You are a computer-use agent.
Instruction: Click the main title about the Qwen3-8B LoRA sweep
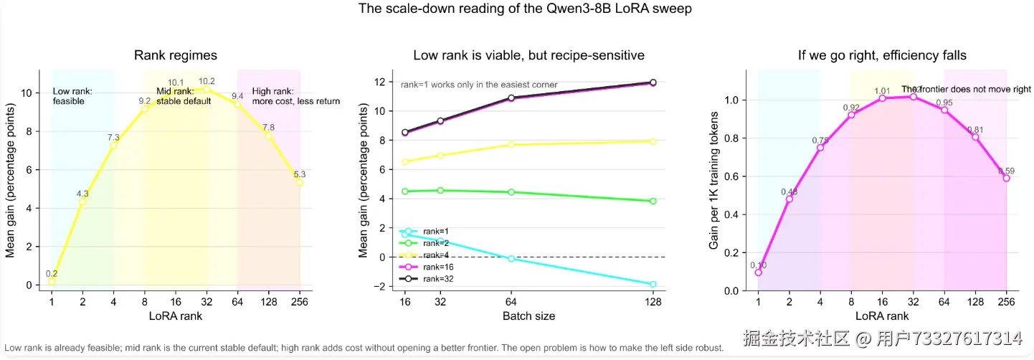[x=516, y=10]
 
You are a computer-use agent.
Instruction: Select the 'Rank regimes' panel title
[x=176, y=55]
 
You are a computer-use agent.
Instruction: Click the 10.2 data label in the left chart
[x=207, y=81]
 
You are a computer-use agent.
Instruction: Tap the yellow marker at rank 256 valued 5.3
[x=300, y=182]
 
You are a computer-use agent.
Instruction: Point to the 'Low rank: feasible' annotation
[x=73, y=96]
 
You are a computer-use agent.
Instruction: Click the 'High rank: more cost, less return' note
[x=295, y=96]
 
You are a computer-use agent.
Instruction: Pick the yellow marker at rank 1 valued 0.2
[x=52, y=281]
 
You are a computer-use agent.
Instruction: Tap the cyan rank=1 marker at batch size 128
[x=653, y=285]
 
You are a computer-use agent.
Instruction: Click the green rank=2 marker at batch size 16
[x=405, y=191]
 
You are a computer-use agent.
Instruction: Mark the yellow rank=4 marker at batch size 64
[x=511, y=145]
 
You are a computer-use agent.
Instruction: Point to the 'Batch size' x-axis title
[x=528, y=316]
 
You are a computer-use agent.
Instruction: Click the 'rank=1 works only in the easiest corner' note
[x=479, y=85]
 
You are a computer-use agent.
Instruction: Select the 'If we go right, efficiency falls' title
[x=882, y=55]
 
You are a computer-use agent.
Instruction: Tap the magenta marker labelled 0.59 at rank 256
[x=1006, y=178]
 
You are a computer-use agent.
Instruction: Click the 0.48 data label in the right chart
[x=789, y=191]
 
